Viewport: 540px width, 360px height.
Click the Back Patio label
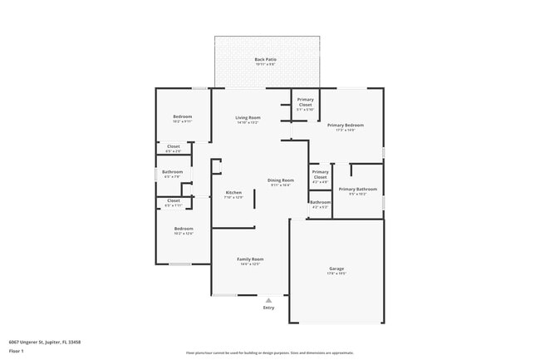tap(265, 60)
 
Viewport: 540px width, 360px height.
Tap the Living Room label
tap(248, 118)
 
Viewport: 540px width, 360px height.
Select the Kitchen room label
tap(233, 193)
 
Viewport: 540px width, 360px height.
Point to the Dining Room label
tap(280, 180)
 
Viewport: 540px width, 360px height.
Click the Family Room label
tap(251, 259)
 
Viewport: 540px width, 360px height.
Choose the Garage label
tap(336, 269)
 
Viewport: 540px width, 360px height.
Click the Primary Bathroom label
tap(357, 190)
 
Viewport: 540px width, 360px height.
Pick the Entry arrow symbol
tap(268, 300)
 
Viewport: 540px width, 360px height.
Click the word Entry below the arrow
tap(268, 308)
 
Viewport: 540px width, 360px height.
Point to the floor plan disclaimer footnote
tap(269, 353)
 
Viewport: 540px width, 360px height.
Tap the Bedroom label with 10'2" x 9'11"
tap(182, 116)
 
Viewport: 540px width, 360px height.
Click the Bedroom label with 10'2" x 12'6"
tap(183, 229)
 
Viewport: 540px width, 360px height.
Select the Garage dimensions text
tap(336, 274)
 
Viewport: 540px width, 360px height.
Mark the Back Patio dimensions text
tap(265, 65)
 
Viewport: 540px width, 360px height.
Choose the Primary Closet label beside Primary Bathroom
tap(320, 175)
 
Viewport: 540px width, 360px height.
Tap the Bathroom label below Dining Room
tap(320, 202)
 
